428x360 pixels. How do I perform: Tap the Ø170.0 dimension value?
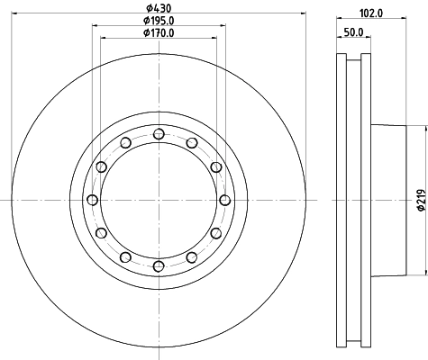click(159, 34)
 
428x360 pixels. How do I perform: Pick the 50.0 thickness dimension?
click(353, 33)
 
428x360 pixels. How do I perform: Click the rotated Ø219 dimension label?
click(419, 201)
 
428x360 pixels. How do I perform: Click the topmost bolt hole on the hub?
click(159, 134)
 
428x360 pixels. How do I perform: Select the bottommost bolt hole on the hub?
click(159, 265)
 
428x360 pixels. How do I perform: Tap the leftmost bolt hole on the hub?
click(93, 200)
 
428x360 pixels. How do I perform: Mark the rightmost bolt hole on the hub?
click(224, 200)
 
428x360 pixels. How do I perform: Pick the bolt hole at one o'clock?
click(191, 143)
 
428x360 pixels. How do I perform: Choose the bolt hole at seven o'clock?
click(125, 256)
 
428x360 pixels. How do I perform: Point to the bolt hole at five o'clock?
click(191, 256)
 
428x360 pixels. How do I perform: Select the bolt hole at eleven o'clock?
click(125, 143)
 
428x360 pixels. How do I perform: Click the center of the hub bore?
click(159, 200)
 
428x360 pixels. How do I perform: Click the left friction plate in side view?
click(341, 200)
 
